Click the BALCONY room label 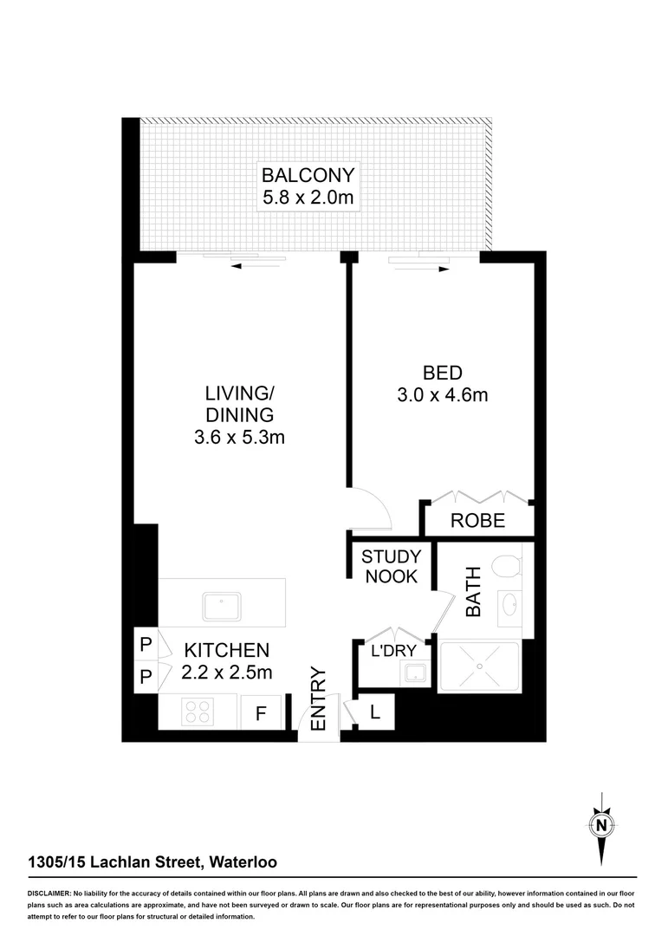[x=308, y=174]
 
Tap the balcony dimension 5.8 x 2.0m [x=308, y=198]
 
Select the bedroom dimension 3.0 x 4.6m [x=443, y=396]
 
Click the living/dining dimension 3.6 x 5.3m [x=239, y=438]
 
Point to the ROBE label [x=477, y=522]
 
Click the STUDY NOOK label [x=391, y=566]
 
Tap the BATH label [x=473, y=591]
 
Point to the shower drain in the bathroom [x=479, y=666]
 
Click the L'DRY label [x=393, y=651]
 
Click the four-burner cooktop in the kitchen [x=198, y=712]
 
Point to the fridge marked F [x=259, y=714]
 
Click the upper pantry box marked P [x=145, y=645]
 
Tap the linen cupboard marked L [x=375, y=712]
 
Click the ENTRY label [x=317, y=699]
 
